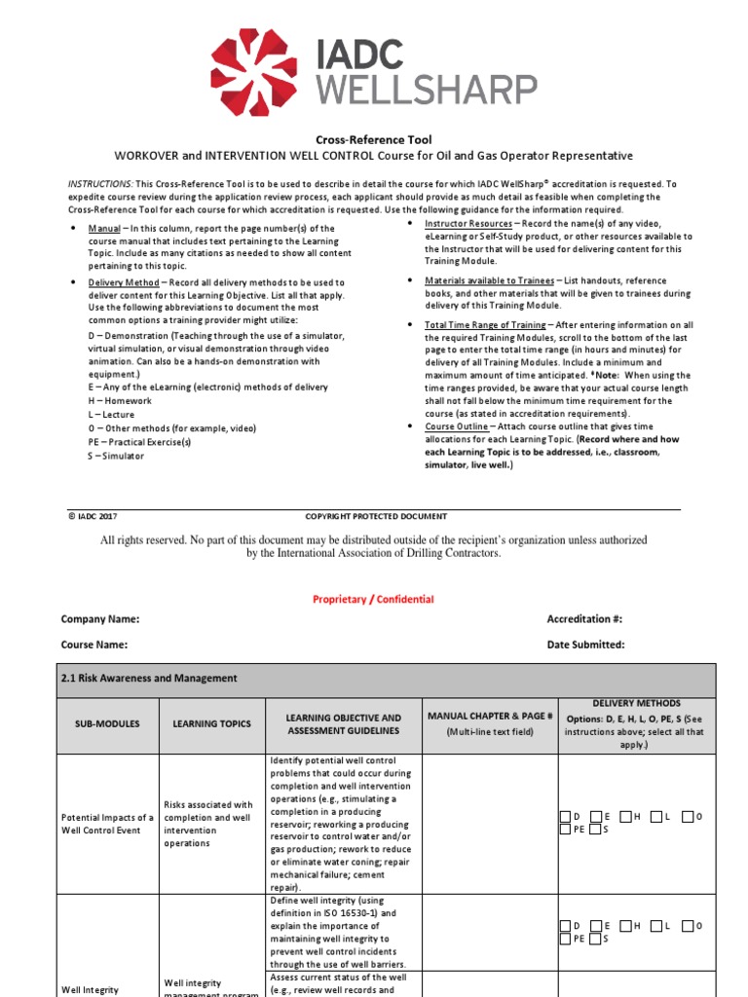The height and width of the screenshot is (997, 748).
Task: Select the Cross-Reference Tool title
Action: (x=374, y=140)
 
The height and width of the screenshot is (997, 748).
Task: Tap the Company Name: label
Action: (x=100, y=619)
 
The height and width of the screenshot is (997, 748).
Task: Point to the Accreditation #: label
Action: (x=584, y=619)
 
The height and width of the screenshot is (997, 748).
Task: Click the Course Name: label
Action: (x=94, y=645)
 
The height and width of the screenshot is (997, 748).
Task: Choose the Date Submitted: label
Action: (x=585, y=645)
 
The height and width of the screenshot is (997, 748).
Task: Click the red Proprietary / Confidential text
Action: (x=373, y=600)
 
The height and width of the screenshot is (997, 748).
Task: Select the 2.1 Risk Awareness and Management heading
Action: (x=148, y=679)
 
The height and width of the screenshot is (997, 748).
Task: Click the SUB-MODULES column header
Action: (x=107, y=724)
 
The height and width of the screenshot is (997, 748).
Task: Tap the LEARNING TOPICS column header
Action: (x=211, y=724)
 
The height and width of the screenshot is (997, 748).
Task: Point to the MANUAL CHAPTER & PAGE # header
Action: (x=489, y=717)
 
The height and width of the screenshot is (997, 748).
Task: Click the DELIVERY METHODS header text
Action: (x=636, y=703)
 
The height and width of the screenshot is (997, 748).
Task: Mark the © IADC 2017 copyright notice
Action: (x=93, y=517)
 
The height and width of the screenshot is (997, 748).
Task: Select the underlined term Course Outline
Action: (x=455, y=426)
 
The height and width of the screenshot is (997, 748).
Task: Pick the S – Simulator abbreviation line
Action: (x=116, y=456)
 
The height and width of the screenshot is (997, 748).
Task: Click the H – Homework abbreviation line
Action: (x=120, y=400)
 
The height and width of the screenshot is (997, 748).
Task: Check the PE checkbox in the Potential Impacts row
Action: (x=566, y=830)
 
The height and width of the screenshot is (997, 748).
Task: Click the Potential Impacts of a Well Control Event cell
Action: (x=107, y=824)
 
